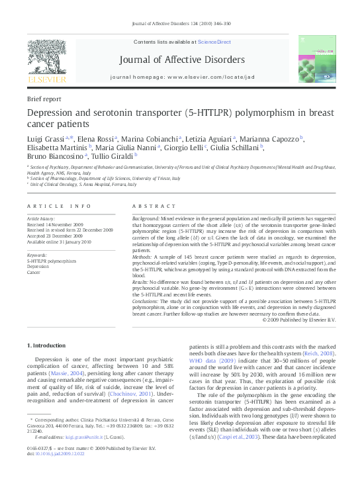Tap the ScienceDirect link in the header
216,42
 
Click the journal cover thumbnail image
316,60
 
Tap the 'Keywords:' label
36,255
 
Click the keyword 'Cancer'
33,271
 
